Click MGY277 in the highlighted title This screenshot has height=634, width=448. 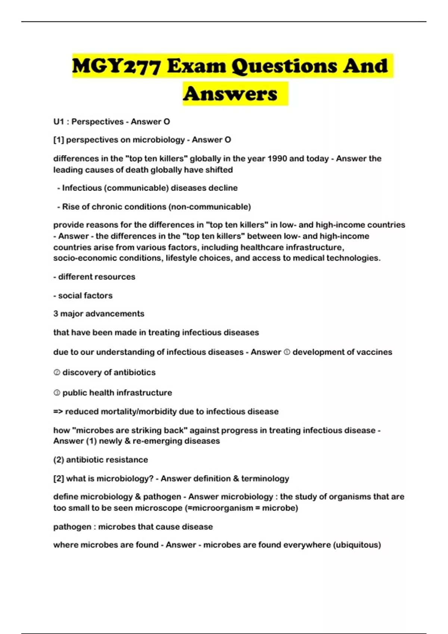[117, 66]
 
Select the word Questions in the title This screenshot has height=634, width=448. [284, 66]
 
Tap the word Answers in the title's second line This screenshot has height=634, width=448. [230, 94]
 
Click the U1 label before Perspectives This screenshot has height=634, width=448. [59, 122]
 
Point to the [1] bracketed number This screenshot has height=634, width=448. [59, 140]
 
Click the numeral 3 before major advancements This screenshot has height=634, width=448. [56, 314]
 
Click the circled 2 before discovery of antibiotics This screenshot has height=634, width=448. [57, 372]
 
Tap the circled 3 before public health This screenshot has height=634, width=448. [57, 393]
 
